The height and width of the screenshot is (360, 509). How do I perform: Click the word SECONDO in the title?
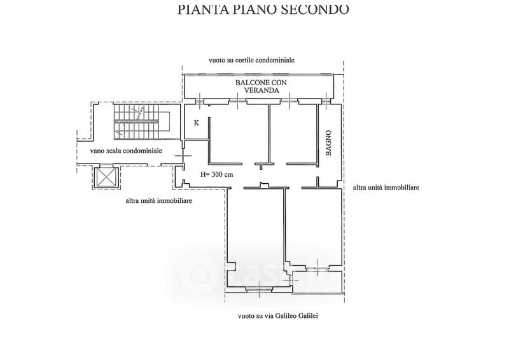pyautogui.click(x=314, y=9)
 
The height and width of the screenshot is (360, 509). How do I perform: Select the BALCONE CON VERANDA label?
pyautogui.click(x=261, y=87)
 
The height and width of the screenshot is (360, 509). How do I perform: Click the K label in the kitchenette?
pyautogui.click(x=197, y=123)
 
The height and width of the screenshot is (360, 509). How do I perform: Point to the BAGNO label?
pyautogui.click(x=328, y=143)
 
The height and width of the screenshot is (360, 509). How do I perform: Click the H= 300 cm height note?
pyautogui.click(x=216, y=174)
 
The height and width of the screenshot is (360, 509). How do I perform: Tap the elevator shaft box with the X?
pyautogui.click(x=105, y=177)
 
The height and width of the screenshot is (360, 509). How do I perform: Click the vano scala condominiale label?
pyautogui.click(x=126, y=151)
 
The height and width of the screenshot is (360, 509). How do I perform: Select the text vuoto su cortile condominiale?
pyautogui.click(x=251, y=60)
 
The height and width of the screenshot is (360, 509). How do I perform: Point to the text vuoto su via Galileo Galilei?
pyautogui.click(x=278, y=315)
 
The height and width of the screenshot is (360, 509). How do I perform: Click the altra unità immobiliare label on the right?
pyautogui.click(x=386, y=187)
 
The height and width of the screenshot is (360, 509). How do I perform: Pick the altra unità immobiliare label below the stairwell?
pyautogui.click(x=158, y=200)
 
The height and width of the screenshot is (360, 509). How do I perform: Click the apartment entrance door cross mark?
pyautogui.click(x=183, y=156)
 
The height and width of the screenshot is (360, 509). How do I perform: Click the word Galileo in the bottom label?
pyautogui.click(x=285, y=315)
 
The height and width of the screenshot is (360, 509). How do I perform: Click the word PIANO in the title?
pyautogui.click(x=254, y=9)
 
